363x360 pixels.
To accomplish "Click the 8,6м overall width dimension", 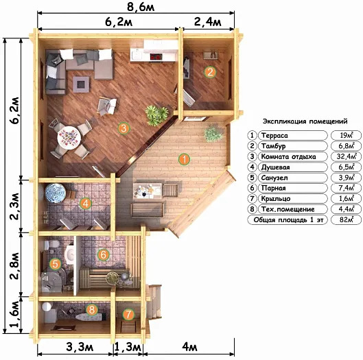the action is pos(141,7).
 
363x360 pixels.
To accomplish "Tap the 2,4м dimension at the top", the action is pos(208,22).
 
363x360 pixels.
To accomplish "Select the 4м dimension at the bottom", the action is pos(189,347).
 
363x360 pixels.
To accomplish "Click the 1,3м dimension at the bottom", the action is pos(128,347).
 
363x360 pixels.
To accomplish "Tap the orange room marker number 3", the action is pos(124,128).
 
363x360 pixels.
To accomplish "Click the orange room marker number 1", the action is pos(185,159).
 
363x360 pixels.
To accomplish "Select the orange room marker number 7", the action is pos(128,314).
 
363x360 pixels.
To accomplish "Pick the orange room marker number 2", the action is pos(210,72).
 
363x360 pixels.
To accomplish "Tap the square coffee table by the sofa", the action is pos(81,84).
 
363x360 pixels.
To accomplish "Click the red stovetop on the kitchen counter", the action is pos(156,57).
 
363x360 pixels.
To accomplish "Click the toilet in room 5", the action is pos(51,245).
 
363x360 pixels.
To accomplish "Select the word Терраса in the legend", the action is pos(274,135).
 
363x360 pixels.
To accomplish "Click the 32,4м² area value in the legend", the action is pos(347,156).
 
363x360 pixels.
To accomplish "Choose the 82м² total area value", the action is pos(347,219).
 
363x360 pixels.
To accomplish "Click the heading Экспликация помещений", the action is pos(305,121).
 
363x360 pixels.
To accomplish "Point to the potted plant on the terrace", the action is pos(213,134).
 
